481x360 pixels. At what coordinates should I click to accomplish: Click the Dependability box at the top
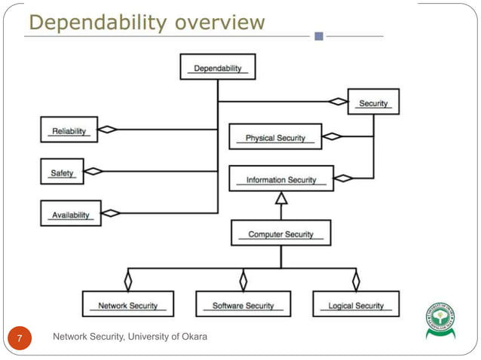point(218,68)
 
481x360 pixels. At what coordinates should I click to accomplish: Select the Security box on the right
point(373,102)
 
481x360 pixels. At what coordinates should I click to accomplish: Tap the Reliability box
point(69,130)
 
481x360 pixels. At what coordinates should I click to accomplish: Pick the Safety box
point(62,172)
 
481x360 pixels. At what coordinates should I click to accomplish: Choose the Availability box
point(71,214)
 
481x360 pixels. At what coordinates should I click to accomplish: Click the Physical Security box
point(275,137)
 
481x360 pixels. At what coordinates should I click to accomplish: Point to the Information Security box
point(280,179)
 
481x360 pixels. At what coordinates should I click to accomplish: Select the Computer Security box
point(280,233)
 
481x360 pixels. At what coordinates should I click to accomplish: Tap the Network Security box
point(128,304)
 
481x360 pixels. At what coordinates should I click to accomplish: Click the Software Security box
point(243,304)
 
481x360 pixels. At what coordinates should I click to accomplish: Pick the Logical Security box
point(356,304)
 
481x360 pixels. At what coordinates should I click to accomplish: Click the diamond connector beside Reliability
point(108,130)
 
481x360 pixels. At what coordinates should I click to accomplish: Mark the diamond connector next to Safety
point(93,171)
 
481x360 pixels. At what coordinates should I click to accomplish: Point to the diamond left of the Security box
point(338,102)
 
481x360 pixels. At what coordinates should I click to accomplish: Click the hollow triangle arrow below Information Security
point(281,199)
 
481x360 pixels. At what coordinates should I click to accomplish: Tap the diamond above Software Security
point(243,281)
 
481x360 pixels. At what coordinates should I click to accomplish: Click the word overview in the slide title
point(219,23)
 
